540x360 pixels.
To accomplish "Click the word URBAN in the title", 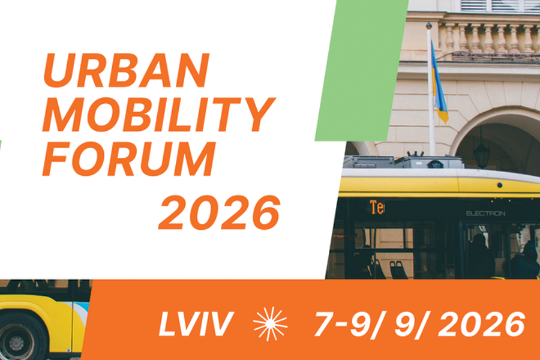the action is [127, 70].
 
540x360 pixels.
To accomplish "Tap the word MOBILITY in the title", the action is [159, 115].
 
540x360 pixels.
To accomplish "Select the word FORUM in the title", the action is [129, 159].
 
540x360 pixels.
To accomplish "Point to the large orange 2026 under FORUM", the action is [220, 212].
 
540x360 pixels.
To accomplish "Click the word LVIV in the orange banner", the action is [196, 324].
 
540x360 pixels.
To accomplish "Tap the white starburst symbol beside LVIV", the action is [270, 324].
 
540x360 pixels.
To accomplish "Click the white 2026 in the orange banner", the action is [481, 324].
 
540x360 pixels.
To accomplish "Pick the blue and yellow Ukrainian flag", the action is [439, 83].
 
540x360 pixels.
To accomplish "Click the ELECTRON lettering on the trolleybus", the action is [485, 214].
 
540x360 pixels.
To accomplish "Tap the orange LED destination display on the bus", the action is [377, 207].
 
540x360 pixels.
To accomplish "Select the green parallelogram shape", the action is [362, 70].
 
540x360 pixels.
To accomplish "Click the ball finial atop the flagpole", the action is [429, 25].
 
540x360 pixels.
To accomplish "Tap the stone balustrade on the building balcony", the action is [489, 38].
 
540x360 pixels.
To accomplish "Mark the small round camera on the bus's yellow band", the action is [499, 185].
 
